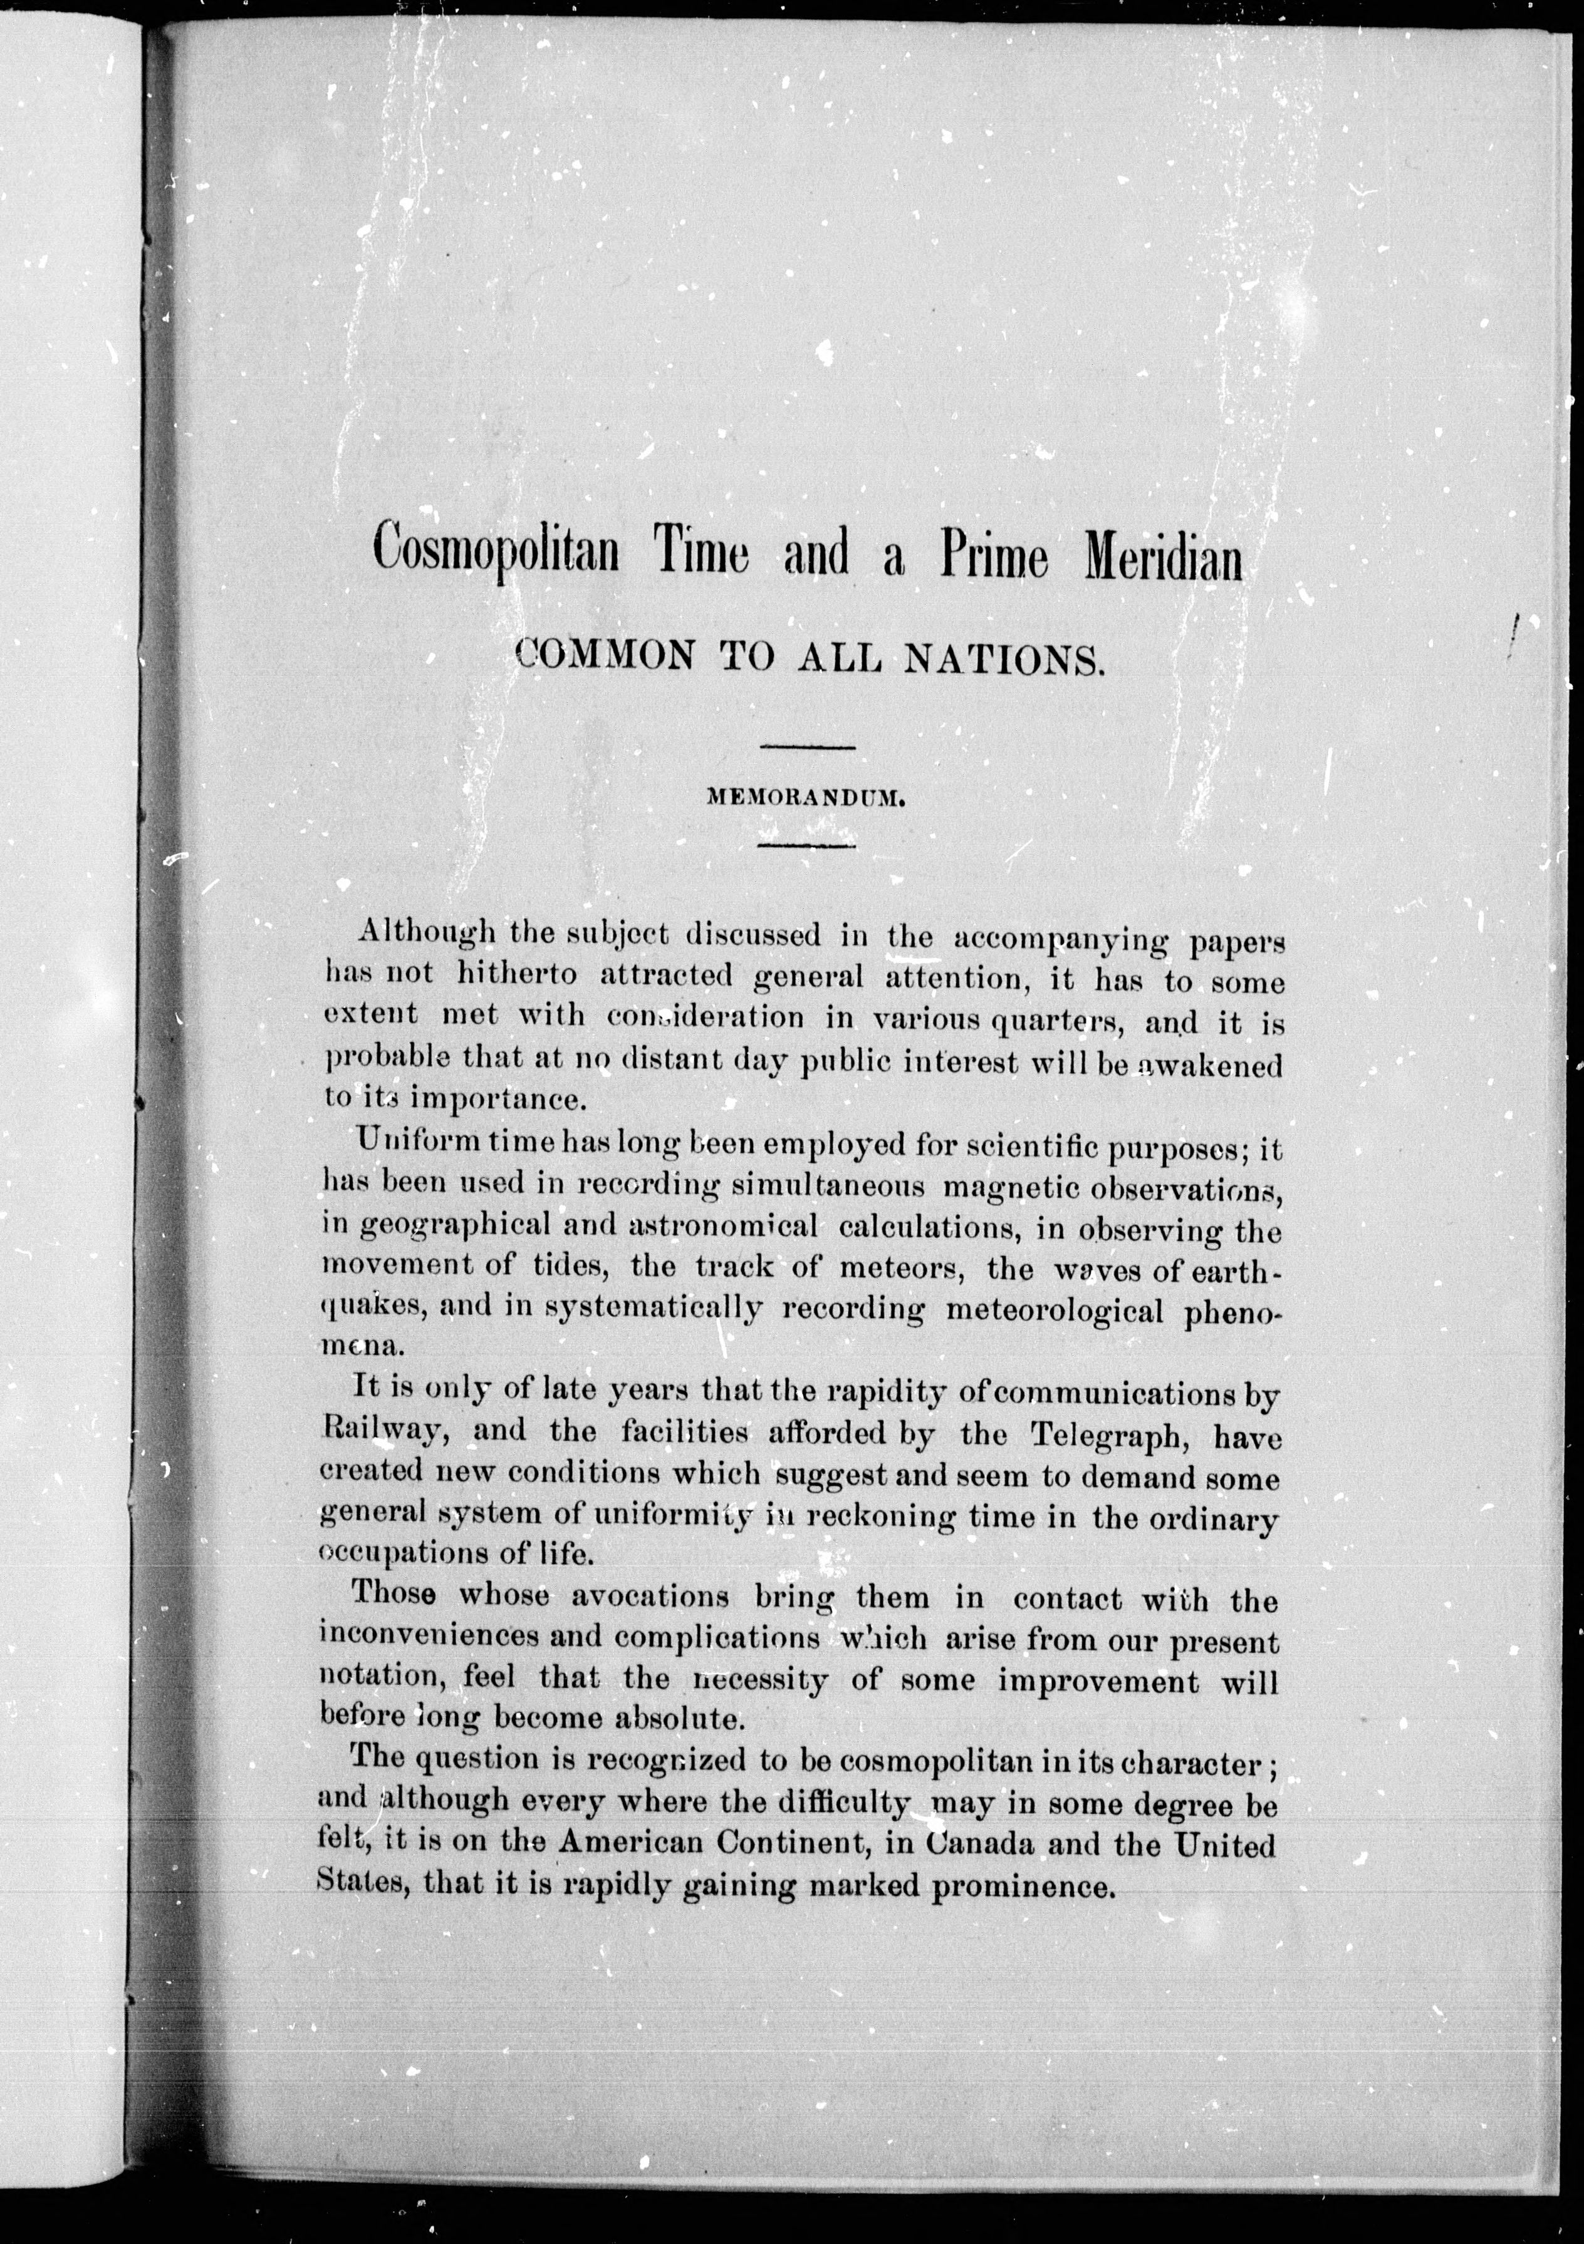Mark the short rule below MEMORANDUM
point(808,845)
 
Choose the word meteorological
point(1055,1310)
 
